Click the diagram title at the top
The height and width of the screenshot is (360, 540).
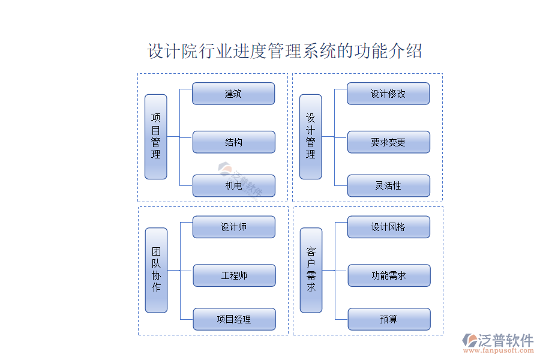tap(285, 51)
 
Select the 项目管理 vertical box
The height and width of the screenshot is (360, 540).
tap(156, 137)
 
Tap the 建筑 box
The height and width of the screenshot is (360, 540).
tap(233, 94)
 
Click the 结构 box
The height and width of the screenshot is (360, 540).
tap(233, 142)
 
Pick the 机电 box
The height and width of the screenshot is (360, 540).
tap(233, 186)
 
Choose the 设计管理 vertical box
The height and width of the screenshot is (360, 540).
tap(311, 137)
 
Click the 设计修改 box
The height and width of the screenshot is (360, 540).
tap(388, 94)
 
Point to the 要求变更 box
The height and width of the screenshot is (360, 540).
tap(388, 142)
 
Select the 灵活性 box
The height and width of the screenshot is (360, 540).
tap(388, 186)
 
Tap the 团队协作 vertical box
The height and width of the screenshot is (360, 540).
tap(157, 270)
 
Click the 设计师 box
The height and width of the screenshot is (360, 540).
tap(233, 227)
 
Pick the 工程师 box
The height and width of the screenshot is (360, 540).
tap(234, 275)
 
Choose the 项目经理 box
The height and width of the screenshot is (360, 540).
tap(234, 319)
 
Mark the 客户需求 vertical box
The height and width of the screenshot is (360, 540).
tap(311, 270)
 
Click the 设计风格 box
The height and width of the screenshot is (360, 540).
tap(388, 227)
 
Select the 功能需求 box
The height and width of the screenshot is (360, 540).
tap(389, 275)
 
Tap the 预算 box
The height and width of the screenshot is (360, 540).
tap(389, 319)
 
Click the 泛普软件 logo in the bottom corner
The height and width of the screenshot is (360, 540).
tap(497, 340)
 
